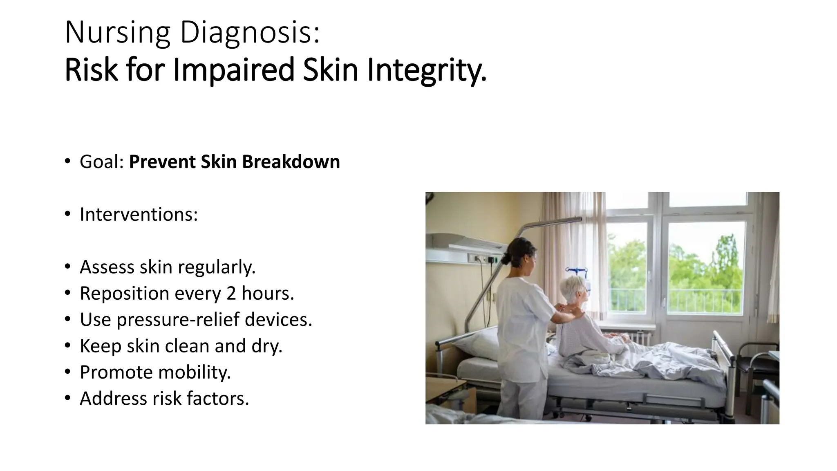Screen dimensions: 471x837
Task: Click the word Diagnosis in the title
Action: coord(249,33)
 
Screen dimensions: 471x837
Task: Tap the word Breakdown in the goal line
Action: coord(291,162)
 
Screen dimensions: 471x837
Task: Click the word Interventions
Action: coord(139,215)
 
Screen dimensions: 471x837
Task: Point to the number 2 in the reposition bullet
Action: coord(231,294)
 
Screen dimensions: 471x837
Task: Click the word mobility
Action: coord(194,372)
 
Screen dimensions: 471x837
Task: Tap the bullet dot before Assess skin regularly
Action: coord(67,267)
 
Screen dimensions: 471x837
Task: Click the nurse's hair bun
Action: coord(506,258)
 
